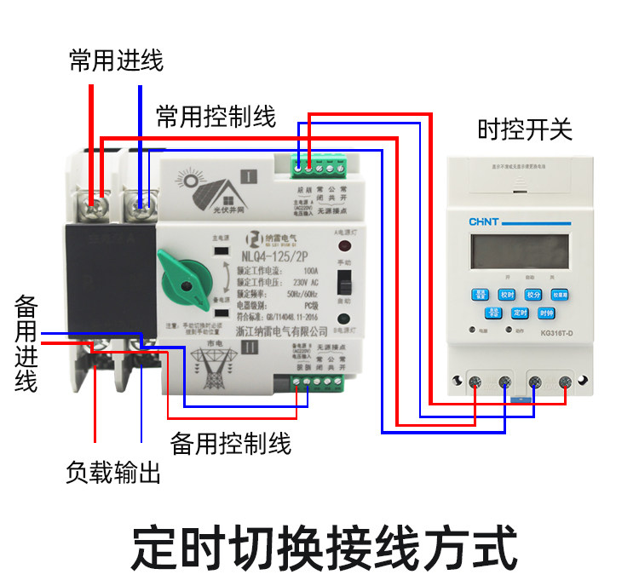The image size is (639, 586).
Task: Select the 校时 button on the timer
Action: [507, 295]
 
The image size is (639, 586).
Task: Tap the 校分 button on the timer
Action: [533, 295]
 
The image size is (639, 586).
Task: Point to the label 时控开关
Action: [524, 129]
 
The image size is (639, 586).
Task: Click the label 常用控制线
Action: [216, 118]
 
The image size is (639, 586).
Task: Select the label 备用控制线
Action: [230, 444]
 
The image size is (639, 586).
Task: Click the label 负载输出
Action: [112, 474]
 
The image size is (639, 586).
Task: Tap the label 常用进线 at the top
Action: [116, 60]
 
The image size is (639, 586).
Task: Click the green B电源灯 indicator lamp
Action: [345, 318]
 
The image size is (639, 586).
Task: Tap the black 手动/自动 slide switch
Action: [344, 281]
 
